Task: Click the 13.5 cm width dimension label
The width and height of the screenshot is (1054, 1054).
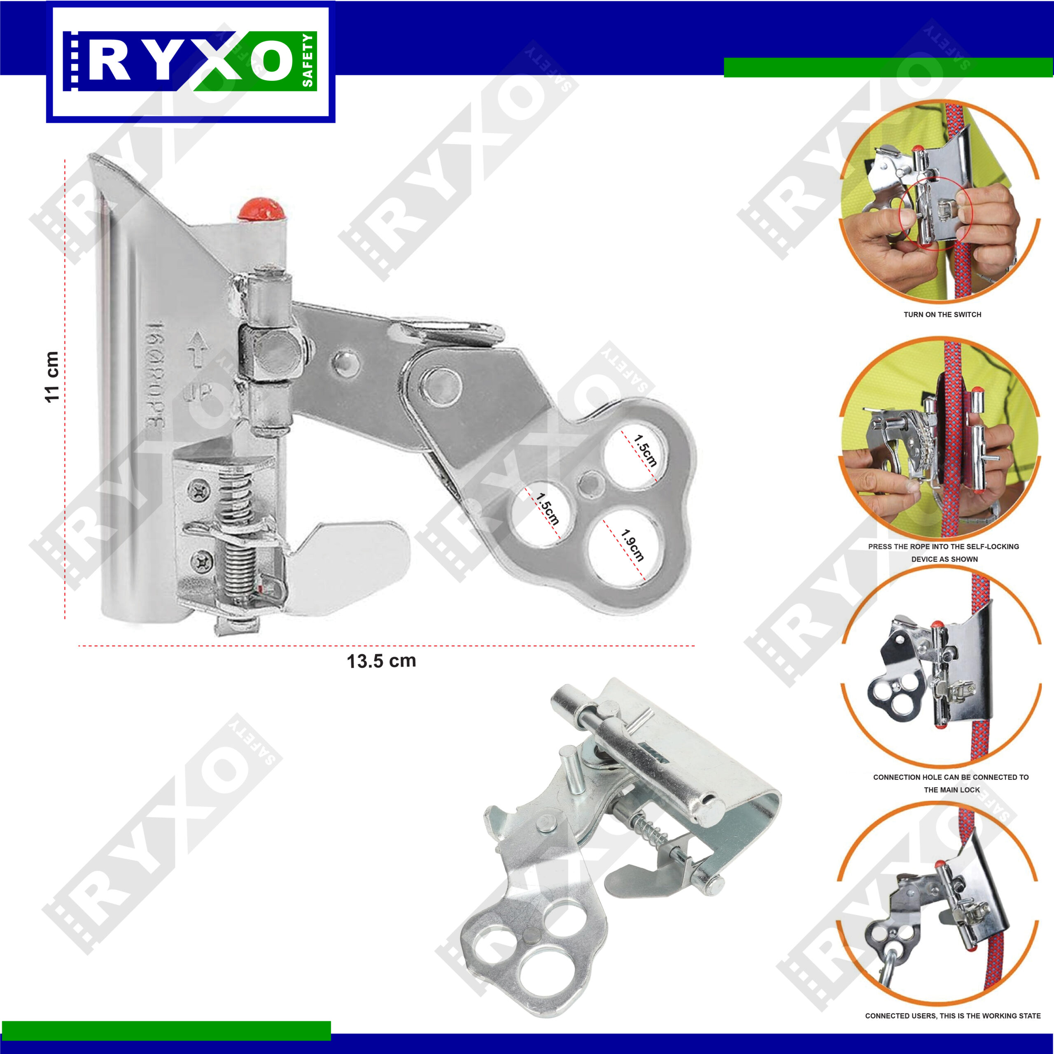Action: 381,661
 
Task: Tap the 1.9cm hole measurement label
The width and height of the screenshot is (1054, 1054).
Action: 633,545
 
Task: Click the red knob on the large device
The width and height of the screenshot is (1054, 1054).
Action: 262,209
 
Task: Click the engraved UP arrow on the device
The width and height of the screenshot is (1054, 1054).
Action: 195,349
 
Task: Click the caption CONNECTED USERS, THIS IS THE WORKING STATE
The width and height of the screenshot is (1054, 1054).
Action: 953,1031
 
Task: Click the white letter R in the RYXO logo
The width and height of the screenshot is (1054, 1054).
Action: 109,61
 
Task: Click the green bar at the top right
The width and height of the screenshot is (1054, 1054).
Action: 888,68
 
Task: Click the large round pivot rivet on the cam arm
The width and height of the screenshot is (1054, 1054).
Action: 441,386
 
